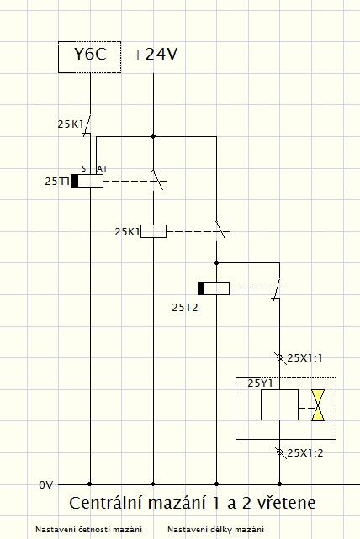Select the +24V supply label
[155, 55]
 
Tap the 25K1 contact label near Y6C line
[70, 124]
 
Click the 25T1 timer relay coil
[87, 181]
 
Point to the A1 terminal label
[102, 168]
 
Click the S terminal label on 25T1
[83, 169]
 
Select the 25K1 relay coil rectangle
[153, 231]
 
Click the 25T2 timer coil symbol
[214, 288]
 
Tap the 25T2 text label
[185, 307]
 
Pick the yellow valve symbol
[318, 405]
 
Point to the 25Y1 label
[260, 383]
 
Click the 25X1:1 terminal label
[304, 358]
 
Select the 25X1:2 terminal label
[305, 453]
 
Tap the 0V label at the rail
[46, 485]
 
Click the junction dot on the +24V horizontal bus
[153, 136]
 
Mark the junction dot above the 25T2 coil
[217, 263]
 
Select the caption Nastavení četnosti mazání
[88, 530]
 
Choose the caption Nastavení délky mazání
[216, 530]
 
